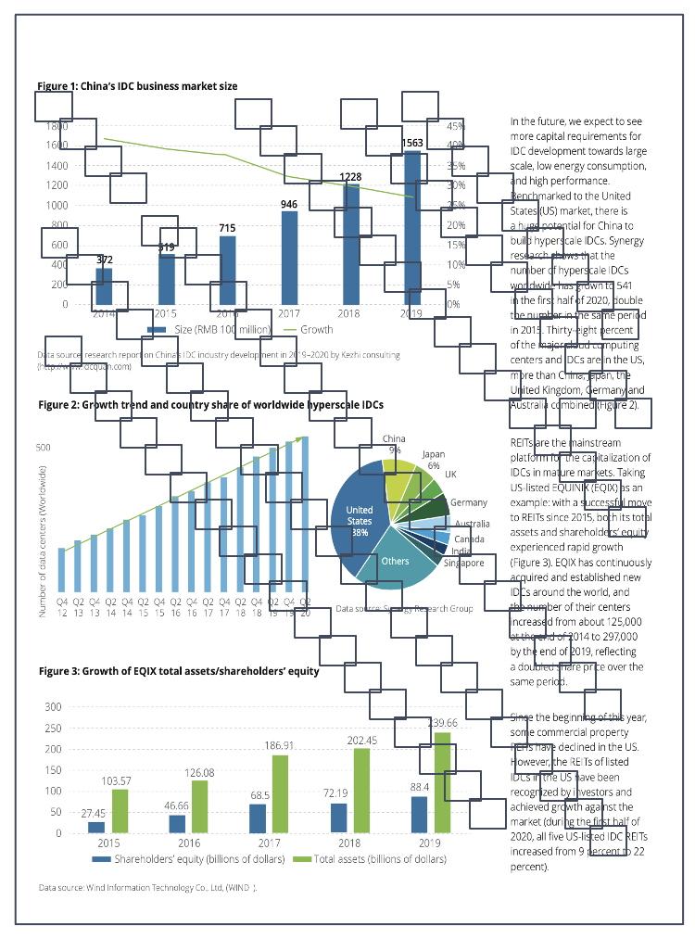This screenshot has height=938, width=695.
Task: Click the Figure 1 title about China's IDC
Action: click(x=137, y=86)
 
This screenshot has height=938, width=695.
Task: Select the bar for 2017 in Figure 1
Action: click(x=289, y=260)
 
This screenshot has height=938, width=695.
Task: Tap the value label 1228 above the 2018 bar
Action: click(x=350, y=176)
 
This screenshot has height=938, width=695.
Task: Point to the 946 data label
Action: click(x=289, y=203)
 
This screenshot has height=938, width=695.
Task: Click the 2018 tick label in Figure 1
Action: click(x=349, y=314)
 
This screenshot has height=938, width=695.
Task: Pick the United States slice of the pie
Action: click(x=360, y=521)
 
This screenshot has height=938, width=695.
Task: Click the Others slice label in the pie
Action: click(x=395, y=561)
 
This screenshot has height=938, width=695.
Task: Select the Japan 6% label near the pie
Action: click(x=433, y=459)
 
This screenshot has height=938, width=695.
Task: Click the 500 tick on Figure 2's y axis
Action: click(x=44, y=448)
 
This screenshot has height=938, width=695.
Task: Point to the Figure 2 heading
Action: click(x=210, y=405)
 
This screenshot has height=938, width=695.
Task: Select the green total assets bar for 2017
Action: click(x=280, y=793)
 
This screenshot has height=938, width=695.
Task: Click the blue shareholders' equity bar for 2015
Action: click(x=96, y=827)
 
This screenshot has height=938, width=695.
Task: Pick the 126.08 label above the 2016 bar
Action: click(x=199, y=772)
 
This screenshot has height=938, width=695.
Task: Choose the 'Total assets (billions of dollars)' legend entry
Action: click(x=370, y=859)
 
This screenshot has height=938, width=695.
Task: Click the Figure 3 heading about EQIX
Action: click(x=178, y=670)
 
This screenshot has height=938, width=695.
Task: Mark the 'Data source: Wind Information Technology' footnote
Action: click(x=148, y=888)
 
